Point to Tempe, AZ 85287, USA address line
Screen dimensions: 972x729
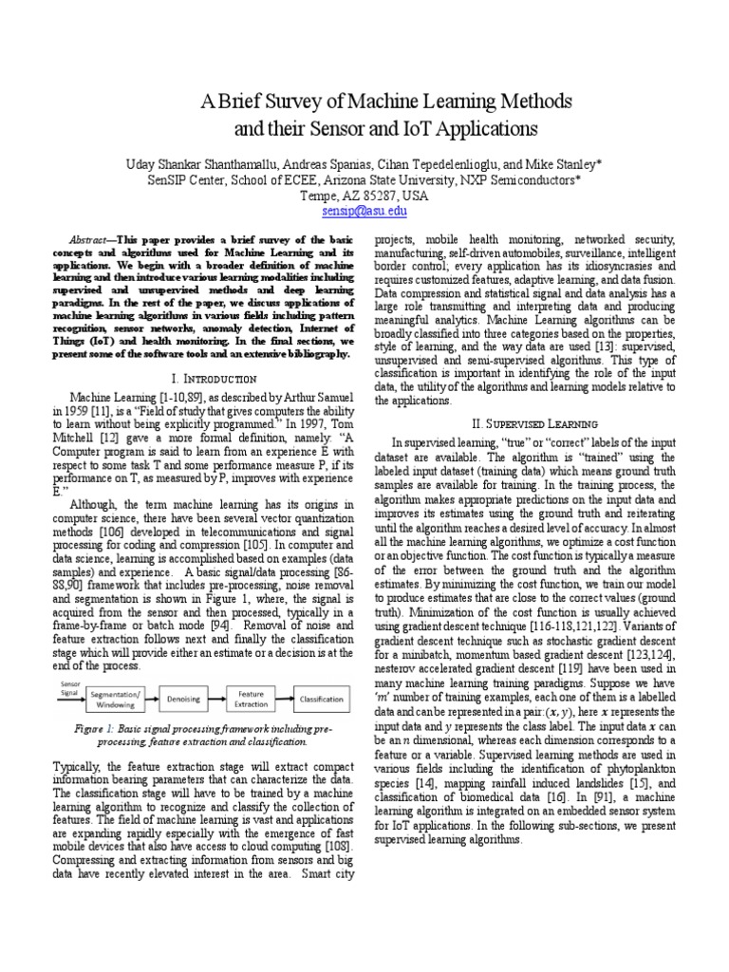point(364,196)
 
